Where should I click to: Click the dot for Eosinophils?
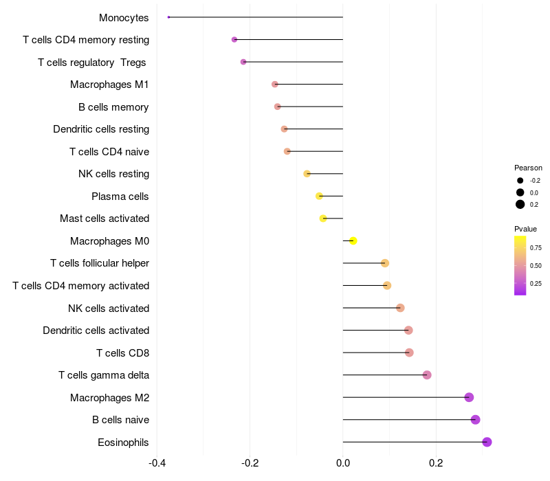point(487,442)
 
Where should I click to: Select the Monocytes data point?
point(168,17)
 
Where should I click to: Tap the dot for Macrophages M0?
point(353,241)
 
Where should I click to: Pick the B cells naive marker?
point(475,420)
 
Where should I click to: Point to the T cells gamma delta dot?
point(427,375)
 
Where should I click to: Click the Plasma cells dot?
point(319,196)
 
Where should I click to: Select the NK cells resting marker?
point(307,174)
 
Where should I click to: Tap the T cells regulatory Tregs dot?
point(243,62)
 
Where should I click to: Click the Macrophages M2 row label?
point(109,398)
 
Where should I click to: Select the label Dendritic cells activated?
point(96,331)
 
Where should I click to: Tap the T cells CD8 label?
point(122,353)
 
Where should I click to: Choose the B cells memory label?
point(113,107)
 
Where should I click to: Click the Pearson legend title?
point(528,168)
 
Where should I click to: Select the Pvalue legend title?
point(525,229)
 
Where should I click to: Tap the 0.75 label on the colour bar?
point(536,247)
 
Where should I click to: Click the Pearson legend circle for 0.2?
point(520,204)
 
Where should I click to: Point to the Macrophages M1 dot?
point(275,85)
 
